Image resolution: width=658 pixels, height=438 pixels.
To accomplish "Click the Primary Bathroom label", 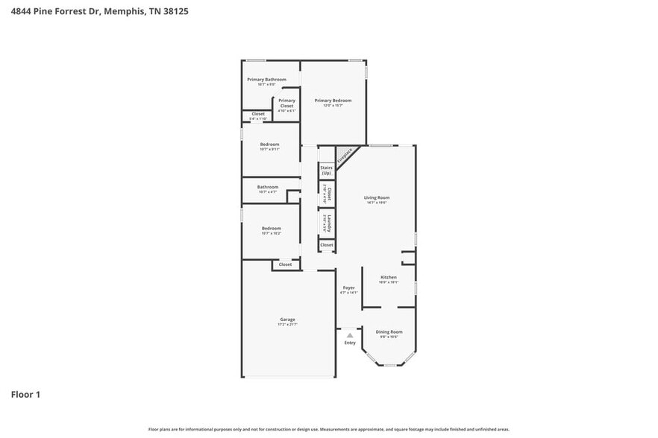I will pyautogui.click(x=266, y=80).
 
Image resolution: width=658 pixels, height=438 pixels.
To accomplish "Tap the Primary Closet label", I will pyautogui.click(x=287, y=104).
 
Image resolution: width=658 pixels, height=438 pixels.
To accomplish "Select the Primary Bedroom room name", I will pyautogui.click(x=333, y=101).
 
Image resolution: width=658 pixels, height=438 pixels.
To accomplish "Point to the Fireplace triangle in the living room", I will pyautogui.click(x=344, y=156).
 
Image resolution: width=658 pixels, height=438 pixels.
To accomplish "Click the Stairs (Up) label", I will pyautogui.click(x=326, y=171).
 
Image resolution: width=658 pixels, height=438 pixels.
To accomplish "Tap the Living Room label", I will pyautogui.click(x=377, y=197).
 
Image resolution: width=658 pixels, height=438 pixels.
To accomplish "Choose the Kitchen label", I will pyautogui.click(x=389, y=277).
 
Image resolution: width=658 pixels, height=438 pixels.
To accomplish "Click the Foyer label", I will pyautogui.click(x=348, y=288).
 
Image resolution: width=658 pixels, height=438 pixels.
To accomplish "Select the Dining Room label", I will pyautogui.click(x=389, y=331).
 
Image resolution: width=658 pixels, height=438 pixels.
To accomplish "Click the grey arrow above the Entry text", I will pyautogui.click(x=349, y=335).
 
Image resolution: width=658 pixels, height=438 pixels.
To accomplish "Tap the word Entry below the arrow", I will pyautogui.click(x=349, y=343).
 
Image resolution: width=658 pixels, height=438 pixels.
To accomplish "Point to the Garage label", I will pyautogui.click(x=287, y=320).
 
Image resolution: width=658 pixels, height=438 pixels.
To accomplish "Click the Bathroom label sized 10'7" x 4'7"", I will pyautogui.click(x=268, y=187).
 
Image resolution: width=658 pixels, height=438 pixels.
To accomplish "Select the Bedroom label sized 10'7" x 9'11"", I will pyautogui.click(x=269, y=145).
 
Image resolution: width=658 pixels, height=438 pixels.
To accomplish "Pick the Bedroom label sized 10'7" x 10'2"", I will pyautogui.click(x=271, y=229).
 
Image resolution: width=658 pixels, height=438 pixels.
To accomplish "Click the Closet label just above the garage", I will pyautogui.click(x=285, y=264).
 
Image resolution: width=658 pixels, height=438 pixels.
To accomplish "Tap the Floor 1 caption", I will pyautogui.click(x=25, y=394).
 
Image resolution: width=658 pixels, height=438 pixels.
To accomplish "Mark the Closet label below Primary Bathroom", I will pyautogui.click(x=257, y=114).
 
